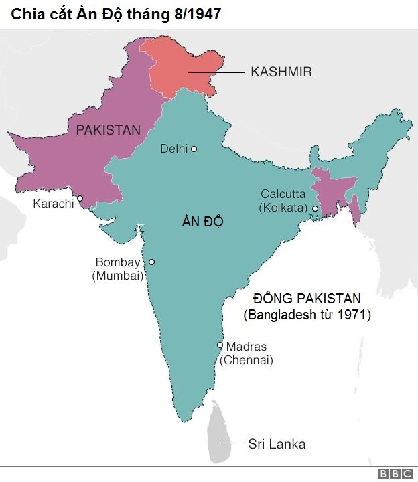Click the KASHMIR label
point(281,72)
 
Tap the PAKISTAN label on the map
point(109,130)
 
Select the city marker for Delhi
point(194,149)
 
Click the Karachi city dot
point(80,198)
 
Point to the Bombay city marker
point(151,262)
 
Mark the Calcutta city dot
point(315,208)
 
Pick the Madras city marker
point(220,345)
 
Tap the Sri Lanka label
point(277,443)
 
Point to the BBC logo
point(395,473)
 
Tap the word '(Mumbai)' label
point(118,275)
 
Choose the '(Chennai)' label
point(246,360)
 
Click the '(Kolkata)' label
point(283,208)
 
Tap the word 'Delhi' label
point(173,149)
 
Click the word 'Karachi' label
point(53,203)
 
